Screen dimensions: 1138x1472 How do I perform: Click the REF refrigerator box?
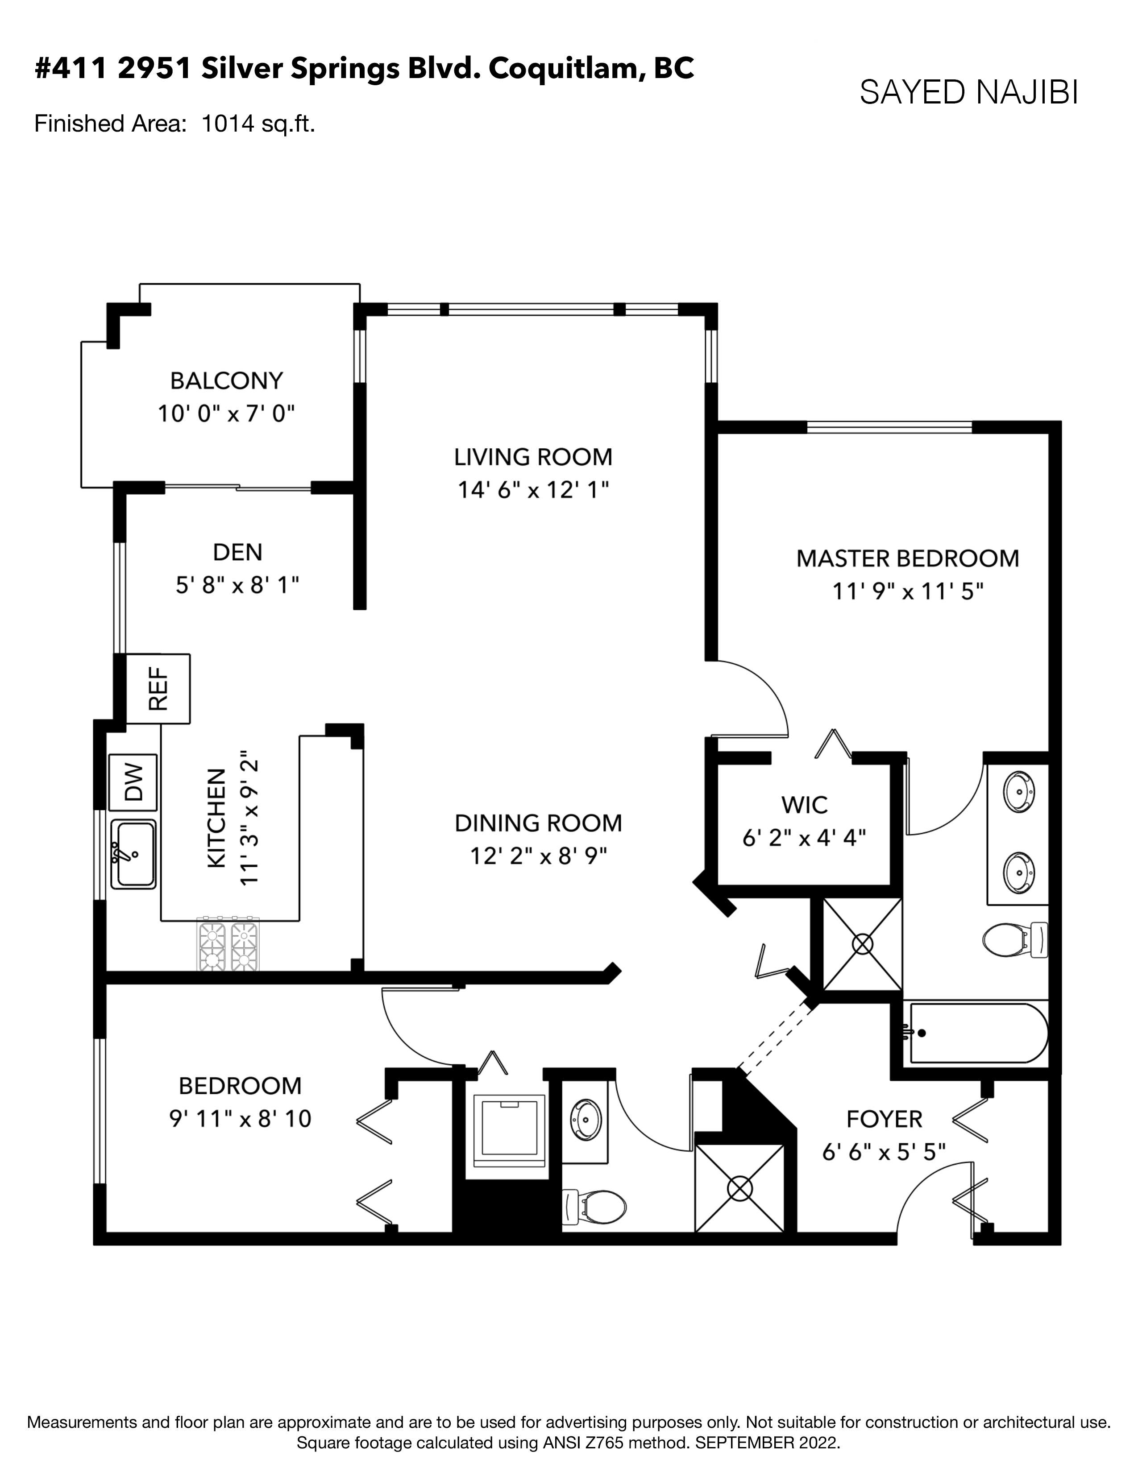click(158, 688)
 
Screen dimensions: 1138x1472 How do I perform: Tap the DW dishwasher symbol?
click(133, 782)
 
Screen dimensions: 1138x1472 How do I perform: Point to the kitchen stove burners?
click(228, 943)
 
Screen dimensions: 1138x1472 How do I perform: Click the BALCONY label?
click(227, 381)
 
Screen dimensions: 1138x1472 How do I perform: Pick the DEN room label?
click(237, 552)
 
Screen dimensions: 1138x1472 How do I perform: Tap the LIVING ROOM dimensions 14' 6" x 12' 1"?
click(533, 490)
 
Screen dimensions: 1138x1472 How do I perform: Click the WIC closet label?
click(804, 805)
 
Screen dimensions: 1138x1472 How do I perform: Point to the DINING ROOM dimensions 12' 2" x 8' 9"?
click(538, 856)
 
